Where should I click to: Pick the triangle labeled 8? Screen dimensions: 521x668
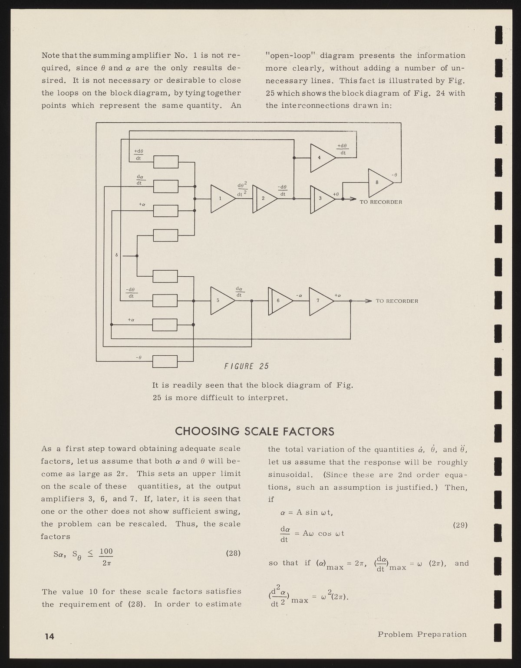(x=381, y=183)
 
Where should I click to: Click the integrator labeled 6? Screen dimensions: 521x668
(x=280, y=301)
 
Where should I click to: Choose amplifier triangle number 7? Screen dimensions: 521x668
(x=321, y=301)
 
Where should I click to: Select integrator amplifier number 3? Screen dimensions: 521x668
(x=323, y=200)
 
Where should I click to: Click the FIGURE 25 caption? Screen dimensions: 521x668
(x=246, y=366)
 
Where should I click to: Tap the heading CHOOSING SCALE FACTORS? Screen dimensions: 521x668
(x=254, y=432)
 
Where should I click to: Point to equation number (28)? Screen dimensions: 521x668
(x=233, y=553)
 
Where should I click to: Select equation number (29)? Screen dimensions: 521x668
(x=460, y=525)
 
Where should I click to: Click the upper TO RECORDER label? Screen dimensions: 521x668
(x=381, y=202)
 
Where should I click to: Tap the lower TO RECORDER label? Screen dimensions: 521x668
(x=397, y=301)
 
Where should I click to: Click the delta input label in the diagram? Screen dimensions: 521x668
(x=116, y=255)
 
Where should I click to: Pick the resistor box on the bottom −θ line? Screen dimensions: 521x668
(x=165, y=361)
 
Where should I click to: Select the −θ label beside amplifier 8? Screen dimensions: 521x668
(x=394, y=175)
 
